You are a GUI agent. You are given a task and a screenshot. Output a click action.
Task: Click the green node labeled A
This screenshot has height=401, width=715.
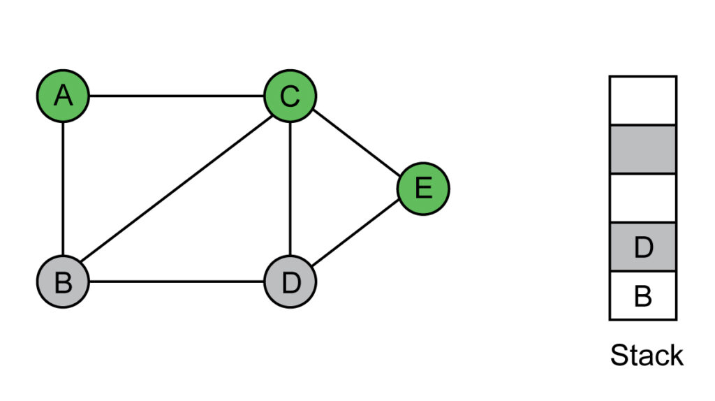coord(63,96)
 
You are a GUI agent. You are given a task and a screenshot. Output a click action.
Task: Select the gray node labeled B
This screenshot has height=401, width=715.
coord(63,282)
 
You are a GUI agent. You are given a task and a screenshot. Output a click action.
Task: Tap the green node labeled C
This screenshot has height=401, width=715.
coord(290,96)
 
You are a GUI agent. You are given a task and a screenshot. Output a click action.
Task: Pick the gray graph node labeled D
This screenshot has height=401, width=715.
coord(290,282)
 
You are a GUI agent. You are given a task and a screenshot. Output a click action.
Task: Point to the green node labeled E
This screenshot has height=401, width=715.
coord(423,189)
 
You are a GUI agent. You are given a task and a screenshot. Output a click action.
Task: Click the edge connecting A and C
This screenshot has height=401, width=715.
coord(177,96)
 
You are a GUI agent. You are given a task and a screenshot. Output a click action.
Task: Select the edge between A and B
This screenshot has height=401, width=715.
coord(63,189)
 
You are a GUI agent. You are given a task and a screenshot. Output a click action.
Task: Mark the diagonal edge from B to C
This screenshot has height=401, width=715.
coord(177,189)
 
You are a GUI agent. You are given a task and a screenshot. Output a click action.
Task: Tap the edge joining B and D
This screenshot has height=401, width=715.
coord(177,282)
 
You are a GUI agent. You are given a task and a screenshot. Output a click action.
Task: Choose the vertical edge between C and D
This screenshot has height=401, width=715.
coord(290,189)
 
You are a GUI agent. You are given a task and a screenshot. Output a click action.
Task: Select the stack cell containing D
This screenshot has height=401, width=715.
coord(643,247)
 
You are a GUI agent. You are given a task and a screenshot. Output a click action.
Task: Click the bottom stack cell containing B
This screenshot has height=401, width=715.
coord(643,296)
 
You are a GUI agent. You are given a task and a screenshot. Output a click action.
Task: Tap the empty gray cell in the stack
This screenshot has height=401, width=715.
coord(643,150)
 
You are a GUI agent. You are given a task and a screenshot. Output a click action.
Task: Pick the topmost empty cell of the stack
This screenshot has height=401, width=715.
coord(643,101)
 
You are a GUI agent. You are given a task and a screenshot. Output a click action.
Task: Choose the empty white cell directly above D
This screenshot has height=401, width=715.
coord(643,198)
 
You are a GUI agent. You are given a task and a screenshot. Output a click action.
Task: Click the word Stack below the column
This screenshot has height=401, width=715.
coord(647,355)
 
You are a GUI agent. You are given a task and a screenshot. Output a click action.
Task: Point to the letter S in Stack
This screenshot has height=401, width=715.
coord(620,355)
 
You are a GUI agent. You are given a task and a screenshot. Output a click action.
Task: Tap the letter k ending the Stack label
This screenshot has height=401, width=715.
coord(676,355)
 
